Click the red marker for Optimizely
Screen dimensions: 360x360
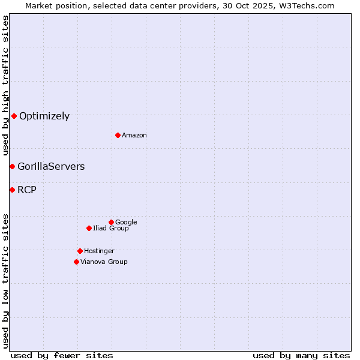click(x=14, y=116)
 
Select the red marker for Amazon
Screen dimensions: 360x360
click(x=118, y=135)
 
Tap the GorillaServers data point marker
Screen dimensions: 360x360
click(x=12, y=166)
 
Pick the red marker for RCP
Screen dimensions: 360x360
click(x=12, y=190)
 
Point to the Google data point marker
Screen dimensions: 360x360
click(x=111, y=222)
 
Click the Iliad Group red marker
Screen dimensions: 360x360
click(x=89, y=228)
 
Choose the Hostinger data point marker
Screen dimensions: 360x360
click(x=80, y=251)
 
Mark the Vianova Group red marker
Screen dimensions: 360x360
click(x=76, y=262)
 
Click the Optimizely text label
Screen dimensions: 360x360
click(x=44, y=116)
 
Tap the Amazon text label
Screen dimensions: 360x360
click(x=134, y=136)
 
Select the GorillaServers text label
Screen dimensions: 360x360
click(x=51, y=167)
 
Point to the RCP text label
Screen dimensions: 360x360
click(x=27, y=190)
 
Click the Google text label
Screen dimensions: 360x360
click(x=126, y=223)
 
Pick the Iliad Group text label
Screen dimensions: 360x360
click(x=111, y=229)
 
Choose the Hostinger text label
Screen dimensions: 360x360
click(x=99, y=251)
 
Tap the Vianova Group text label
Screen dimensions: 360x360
click(x=104, y=262)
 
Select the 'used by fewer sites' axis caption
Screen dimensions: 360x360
click(x=62, y=356)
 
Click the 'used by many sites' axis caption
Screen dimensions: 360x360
click(x=301, y=356)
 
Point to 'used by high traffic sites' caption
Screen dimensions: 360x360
click(x=6, y=85)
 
